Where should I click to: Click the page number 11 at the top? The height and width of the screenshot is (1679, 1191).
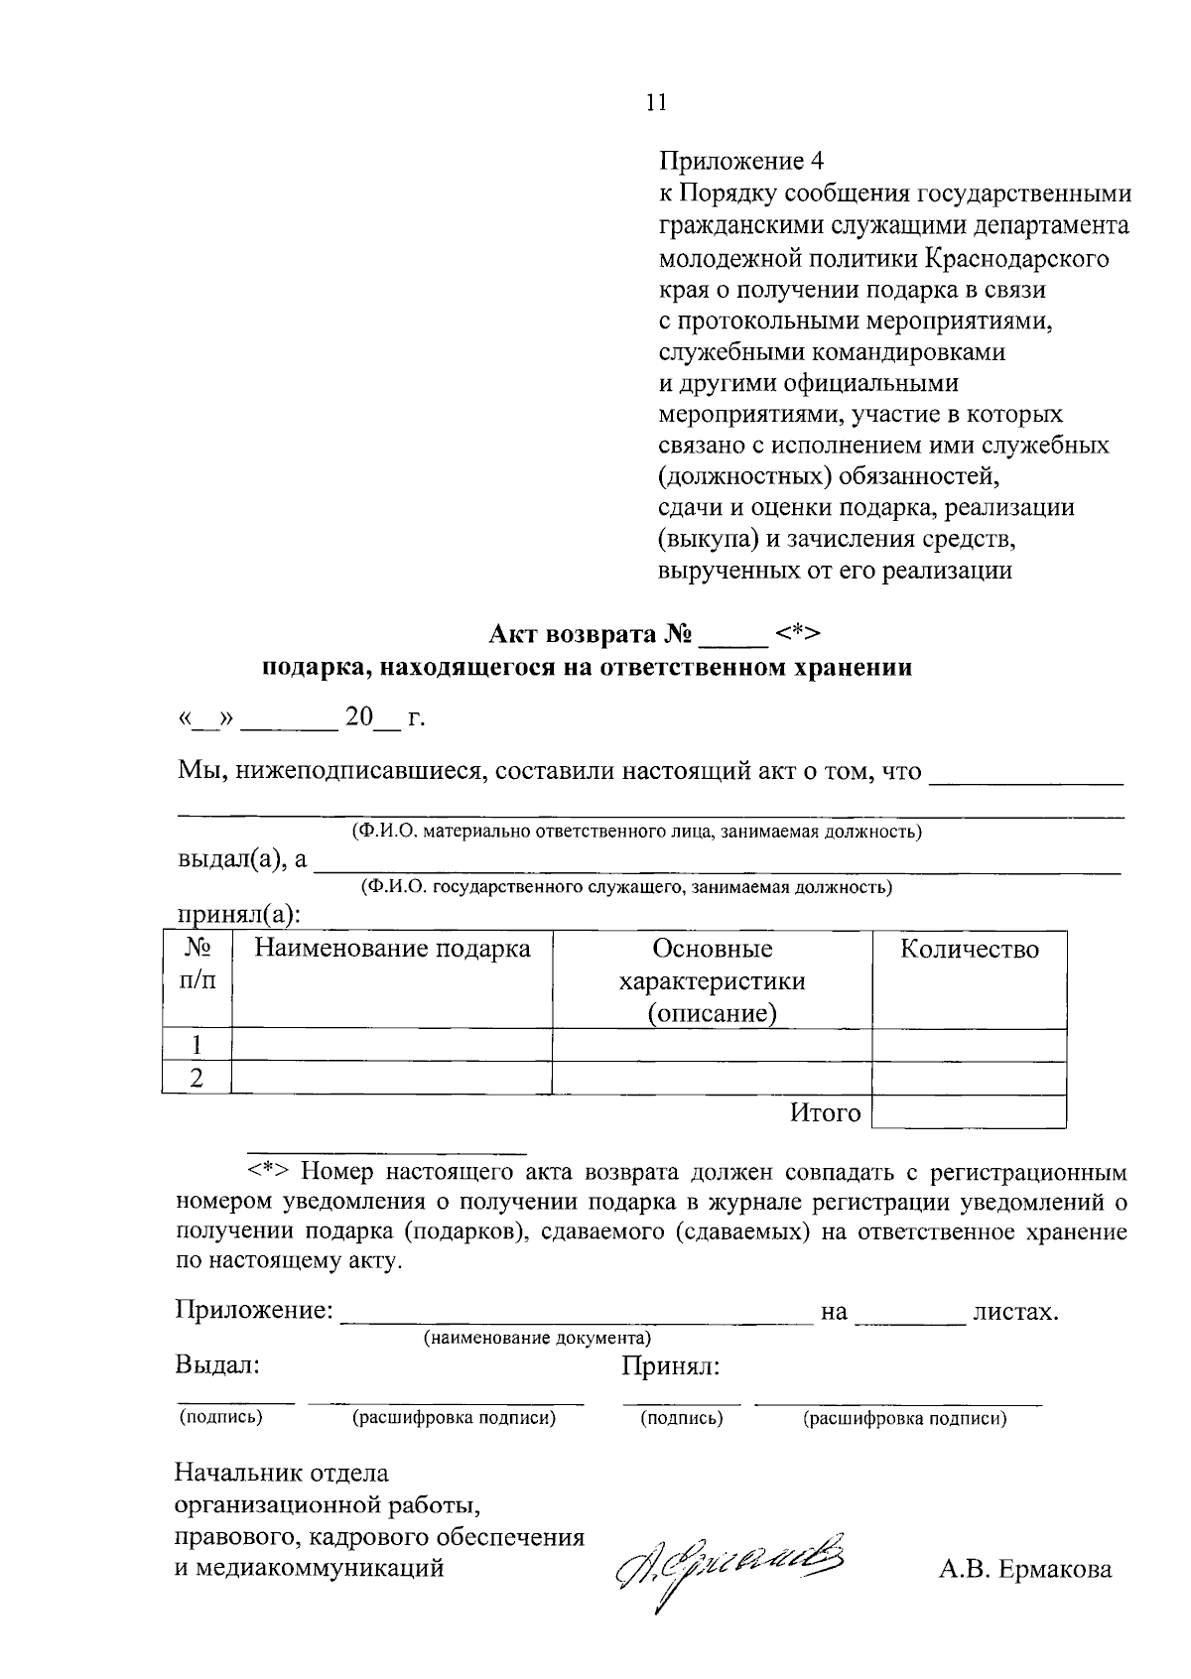[x=655, y=102]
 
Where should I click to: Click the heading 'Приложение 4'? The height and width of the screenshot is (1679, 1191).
[x=741, y=161]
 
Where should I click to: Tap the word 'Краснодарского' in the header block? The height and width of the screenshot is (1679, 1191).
[x=1016, y=259]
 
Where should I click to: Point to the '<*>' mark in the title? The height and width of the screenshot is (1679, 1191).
[x=799, y=634]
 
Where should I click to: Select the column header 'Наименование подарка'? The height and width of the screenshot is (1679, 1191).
[x=392, y=950]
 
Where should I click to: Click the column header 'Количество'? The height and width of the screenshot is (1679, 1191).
[x=969, y=950]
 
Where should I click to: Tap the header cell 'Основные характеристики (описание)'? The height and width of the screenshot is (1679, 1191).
[x=712, y=980]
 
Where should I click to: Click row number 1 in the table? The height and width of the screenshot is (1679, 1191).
[x=197, y=1045]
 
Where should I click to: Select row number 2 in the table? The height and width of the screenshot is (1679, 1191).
[x=197, y=1078]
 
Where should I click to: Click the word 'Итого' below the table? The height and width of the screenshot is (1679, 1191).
[x=825, y=1113]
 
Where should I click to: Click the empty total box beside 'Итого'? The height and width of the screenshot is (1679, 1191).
[x=969, y=1112]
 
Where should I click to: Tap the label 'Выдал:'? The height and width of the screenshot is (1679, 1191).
[x=217, y=1365]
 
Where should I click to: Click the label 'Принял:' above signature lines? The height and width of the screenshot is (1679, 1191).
[x=670, y=1367]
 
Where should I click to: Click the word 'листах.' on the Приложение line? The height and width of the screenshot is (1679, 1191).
[x=1016, y=1312]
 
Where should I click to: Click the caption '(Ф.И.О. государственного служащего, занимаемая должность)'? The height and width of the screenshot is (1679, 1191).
[x=626, y=887]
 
